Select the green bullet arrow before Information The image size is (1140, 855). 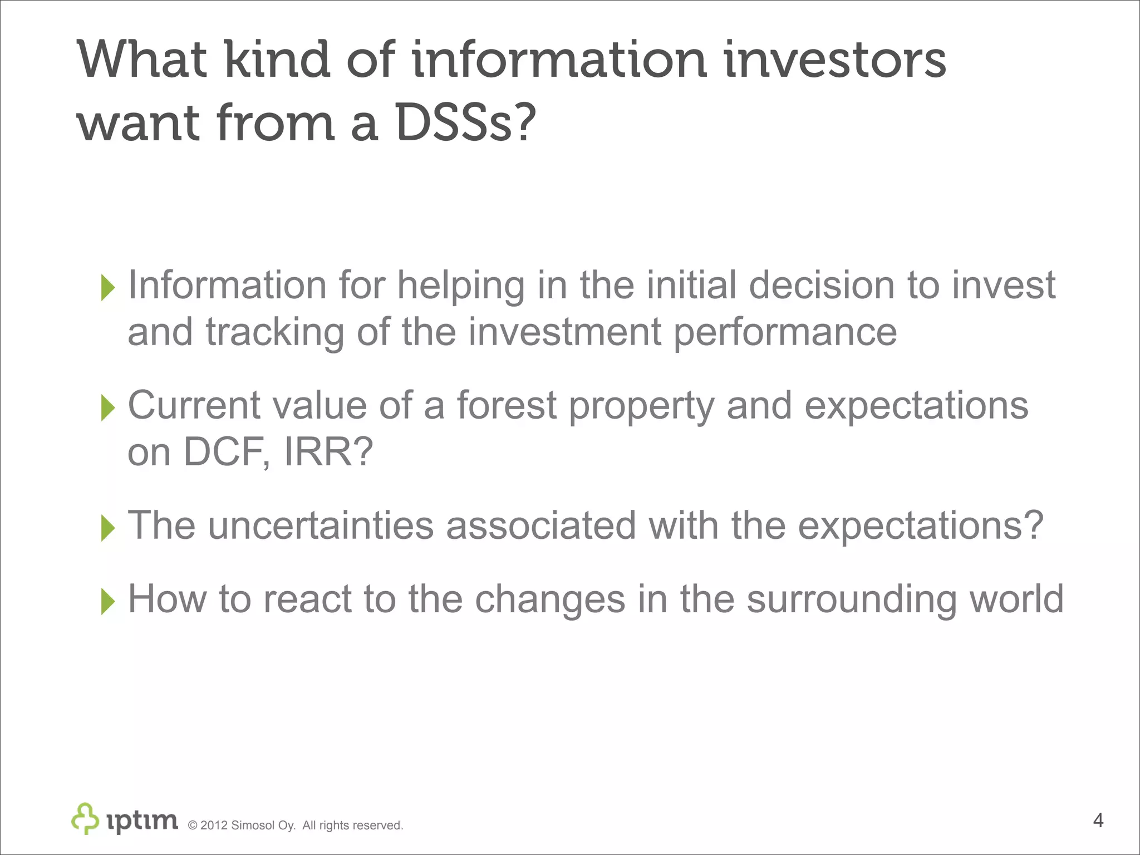pyautogui.click(x=107, y=288)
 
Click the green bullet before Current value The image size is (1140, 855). pyautogui.click(x=107, y=407)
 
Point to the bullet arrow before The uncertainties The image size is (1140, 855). pyautogui.click(x=107, y=528)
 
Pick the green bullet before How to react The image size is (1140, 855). pyautogui.click(x=107, y=601)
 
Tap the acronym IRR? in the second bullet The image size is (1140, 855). pyautogui.click(x=328, y=451)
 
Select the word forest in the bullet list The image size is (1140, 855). pyautogui.click(x=507, y=405)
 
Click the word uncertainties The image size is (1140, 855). pyautogui.click(x=321, y=525)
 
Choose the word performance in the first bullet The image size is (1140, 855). pyautogui.click(x=785, y=332)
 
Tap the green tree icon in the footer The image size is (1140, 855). pyautogui.click(x=85, y=818)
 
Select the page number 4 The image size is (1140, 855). pyautogui.click(x=1098, y=820)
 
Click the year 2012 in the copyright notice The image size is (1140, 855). pyautogui.click(x=214, y=825)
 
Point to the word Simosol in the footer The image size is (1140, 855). pyautogui.click(x=253, y=825)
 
